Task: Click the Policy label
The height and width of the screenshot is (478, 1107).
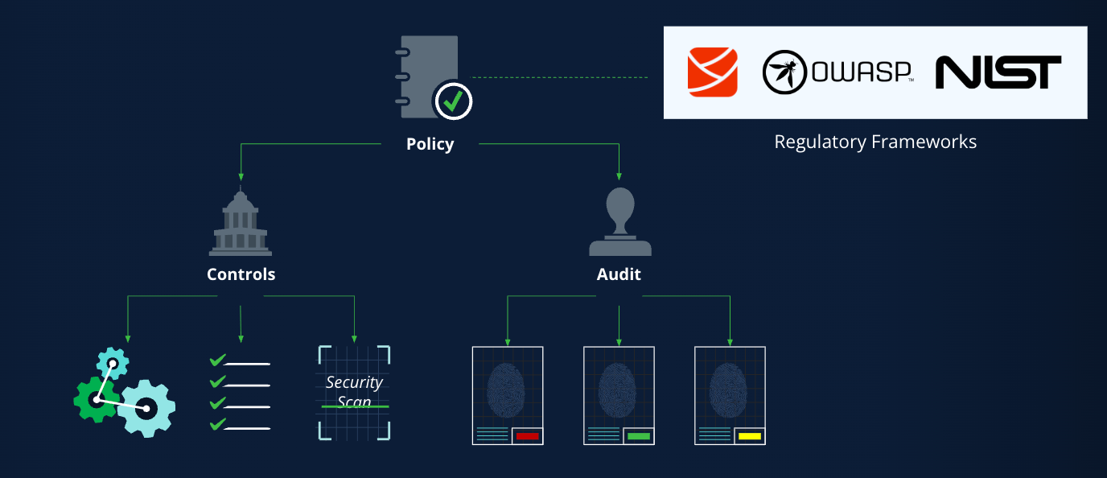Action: [430, 144]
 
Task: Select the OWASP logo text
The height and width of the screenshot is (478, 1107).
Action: [862, 72]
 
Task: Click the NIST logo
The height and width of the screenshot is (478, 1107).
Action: [998, 72]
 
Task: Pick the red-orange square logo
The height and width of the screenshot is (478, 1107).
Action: [713, 72]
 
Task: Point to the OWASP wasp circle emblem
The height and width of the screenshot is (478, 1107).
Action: [784, 72]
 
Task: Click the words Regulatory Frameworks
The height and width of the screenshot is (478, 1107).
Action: [875, 142]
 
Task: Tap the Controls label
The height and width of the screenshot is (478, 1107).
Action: [241, 274]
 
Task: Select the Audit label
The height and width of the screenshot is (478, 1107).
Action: [619, 274]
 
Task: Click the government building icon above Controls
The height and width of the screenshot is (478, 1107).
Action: [241, 221]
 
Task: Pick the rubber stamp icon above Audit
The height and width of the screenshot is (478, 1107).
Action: [620, 221]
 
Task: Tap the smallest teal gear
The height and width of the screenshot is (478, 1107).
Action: [113, 363]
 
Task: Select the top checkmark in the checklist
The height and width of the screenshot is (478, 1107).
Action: [217, 360]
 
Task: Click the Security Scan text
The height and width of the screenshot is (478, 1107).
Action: [354, 392]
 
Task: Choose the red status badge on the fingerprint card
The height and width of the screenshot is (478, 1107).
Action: [527, 436]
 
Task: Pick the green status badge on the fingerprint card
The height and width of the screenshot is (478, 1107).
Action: [639, 436]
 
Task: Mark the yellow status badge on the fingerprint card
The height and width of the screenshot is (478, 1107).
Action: [750, 436]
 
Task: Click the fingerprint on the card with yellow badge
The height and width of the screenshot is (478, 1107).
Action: [728, 390]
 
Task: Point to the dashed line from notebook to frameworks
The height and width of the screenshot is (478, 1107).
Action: [559, 77]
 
